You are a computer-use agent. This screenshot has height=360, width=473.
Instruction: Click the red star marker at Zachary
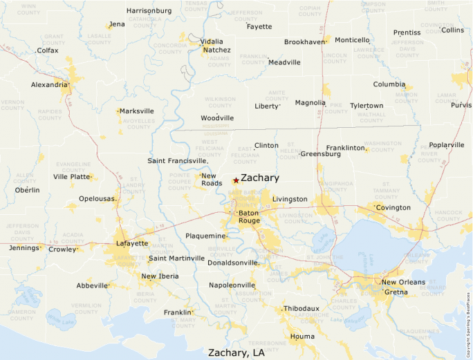click(x=236, y=180)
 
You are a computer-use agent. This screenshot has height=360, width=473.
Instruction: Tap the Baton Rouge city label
click(x=249, y=217)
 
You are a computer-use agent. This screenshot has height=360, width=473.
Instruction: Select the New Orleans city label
click(x=403, y=282)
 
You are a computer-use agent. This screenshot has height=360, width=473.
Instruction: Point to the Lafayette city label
click(x=132, y=243)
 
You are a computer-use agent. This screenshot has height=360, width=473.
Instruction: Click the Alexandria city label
click(x=50, y=84)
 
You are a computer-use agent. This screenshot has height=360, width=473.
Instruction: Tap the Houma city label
click(x=302, y=337)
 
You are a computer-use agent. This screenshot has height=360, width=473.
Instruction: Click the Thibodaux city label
click(x=302, y=308)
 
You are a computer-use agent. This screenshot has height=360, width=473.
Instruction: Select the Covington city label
click(x=393, y=207)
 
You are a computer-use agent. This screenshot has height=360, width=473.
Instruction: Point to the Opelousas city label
click(x=96, y=198)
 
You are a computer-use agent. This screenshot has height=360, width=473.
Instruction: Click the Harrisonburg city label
click(x=149, y=10)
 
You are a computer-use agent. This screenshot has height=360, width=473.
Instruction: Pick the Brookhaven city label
click(x=304, y=42)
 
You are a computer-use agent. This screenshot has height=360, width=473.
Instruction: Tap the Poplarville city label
click(x=447, y=145)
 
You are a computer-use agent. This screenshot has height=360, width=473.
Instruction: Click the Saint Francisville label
click(x=177, y=160)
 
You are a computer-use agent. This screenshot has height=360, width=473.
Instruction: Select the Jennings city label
click(x=24, y=248)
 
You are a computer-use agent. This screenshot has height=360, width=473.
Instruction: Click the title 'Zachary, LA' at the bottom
click(x=236, y=352)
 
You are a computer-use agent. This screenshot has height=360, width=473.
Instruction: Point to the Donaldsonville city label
click(x=232, y=263)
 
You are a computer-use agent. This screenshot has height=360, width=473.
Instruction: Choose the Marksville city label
click(x=136, y=111)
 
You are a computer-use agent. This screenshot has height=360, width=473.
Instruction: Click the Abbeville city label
click(x=92, y=285)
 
